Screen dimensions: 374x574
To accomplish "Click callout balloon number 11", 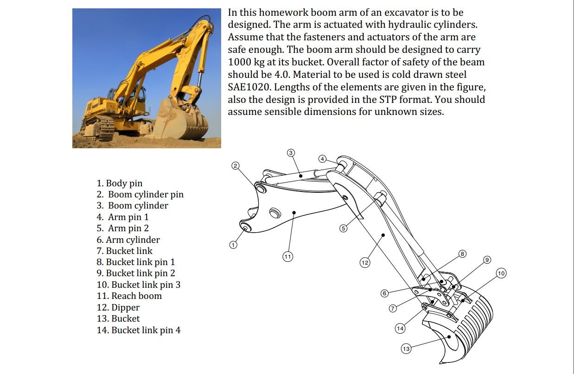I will point(288,256).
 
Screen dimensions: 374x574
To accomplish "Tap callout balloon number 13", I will point(406,349).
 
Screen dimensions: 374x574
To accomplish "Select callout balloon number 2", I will point(236,166).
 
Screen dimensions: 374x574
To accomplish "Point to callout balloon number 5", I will point(343,228).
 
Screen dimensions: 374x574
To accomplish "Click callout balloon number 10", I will point(501,273).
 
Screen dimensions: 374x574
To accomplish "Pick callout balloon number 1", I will point(233,245).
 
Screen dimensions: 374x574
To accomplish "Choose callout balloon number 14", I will point(400,328).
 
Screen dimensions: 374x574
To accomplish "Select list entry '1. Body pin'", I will point(120,183).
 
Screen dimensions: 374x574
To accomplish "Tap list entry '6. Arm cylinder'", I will point(128,240).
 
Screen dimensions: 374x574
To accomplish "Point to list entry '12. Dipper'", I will point(118,308).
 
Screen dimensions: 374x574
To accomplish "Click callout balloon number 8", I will point(462,254).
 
